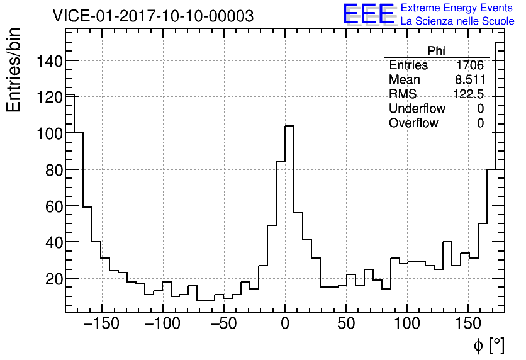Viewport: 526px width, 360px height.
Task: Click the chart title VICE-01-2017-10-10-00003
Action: pyautogui.click(x=153, y=16)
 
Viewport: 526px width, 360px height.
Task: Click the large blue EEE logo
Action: pyautogui.click(x=368, y=14)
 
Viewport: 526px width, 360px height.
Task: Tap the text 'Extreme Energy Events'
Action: pyautogui.click(x=457, y=8)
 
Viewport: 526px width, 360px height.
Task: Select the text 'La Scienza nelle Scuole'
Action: pyautogui.click(x=457, y=21)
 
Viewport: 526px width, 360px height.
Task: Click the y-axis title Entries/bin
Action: pyautogui.click(x=14, y=70)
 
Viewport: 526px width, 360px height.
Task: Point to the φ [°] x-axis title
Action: pyautogui.click(x=488, y=345)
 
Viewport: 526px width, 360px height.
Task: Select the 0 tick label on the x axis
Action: pyautogui.click(x=285, y=324)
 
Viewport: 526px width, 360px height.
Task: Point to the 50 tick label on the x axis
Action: pyautogui.click(x=346, y=324)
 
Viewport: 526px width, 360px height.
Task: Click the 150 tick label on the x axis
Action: pyautogui.click(x=469, y=324)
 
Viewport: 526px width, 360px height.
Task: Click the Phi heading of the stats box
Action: pyautogui.click(x=436, y=51)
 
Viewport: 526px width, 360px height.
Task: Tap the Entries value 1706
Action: pyautogui.click(x=470, y=65)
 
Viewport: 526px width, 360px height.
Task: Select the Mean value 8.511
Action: pyautogui.click(x=470, y=80)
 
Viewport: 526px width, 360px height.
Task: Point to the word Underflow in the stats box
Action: pyautogui.click(x=417, y=109)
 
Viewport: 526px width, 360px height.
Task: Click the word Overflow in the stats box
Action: pyautogui.click(x=413, y=123)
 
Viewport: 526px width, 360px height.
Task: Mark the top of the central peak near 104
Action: pyautogui.click(x=289, y=126)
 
